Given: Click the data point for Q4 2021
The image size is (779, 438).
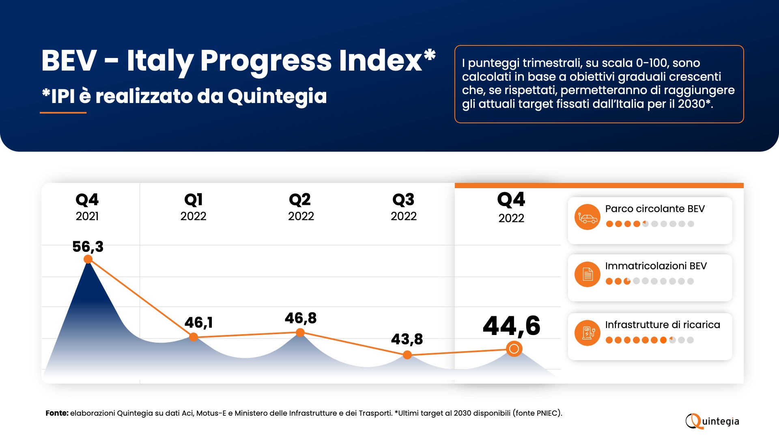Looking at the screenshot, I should [x=88, y=259].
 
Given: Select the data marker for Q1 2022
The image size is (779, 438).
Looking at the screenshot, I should [x=194, y=337].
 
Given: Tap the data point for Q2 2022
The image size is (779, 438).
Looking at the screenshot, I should [x=300, y=333].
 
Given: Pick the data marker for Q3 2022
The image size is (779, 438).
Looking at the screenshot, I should [x=407, y=355].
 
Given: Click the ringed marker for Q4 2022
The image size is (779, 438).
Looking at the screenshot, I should [x=514, y=349].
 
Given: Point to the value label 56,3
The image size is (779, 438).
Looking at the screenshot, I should [x=88, y=247].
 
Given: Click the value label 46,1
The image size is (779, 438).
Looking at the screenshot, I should [x=198, y=322].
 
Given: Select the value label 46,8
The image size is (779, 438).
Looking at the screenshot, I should [x=300, y=318].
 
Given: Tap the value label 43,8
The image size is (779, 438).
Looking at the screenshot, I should [x=407, y=339].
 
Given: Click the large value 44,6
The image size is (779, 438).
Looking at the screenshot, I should [x=511, y=326].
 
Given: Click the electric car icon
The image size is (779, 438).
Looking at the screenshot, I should [x=587, y=217].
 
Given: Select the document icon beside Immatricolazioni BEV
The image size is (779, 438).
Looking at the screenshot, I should [x=587, y=275].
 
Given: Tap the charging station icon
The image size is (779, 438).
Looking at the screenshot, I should [x=587, y=333].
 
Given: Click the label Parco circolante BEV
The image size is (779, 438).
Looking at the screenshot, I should [x=655, y=209].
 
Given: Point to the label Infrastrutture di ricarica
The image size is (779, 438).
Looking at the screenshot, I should [x=662, y=325].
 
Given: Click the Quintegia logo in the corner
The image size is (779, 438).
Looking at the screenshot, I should [x=712, y=421].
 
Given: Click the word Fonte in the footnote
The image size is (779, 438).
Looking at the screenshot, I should [x=56, y=413].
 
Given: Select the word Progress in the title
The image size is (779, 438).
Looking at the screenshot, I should [x=266, y=61].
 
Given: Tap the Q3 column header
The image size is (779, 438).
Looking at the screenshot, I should [x=403, y=207].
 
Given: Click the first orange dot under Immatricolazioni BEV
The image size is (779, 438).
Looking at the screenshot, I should [x=609, y=281].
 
